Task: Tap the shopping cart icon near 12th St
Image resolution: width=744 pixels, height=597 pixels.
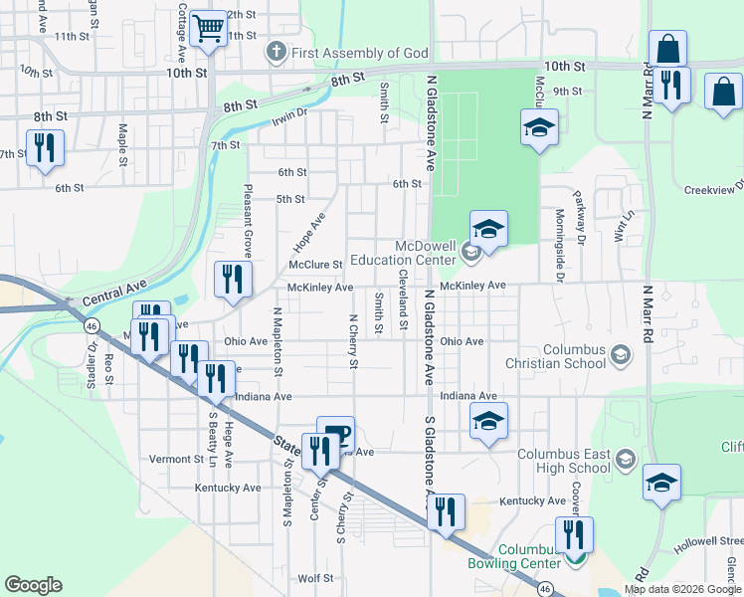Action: pyautogui.click(x=208, y=29)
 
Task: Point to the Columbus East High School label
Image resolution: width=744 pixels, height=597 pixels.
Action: pyautogui.click(x=563, y=461)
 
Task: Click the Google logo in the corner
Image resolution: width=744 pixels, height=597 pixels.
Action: pyautogui.click(x=33, y=585)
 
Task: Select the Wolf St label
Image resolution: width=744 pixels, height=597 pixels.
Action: pyautogui.click(x=314, y=577)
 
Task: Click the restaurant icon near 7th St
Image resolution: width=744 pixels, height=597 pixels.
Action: pyautogui.click(x=45, y=149)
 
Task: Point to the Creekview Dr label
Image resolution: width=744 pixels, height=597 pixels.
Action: pyautogui.click(x=713, y=189)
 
